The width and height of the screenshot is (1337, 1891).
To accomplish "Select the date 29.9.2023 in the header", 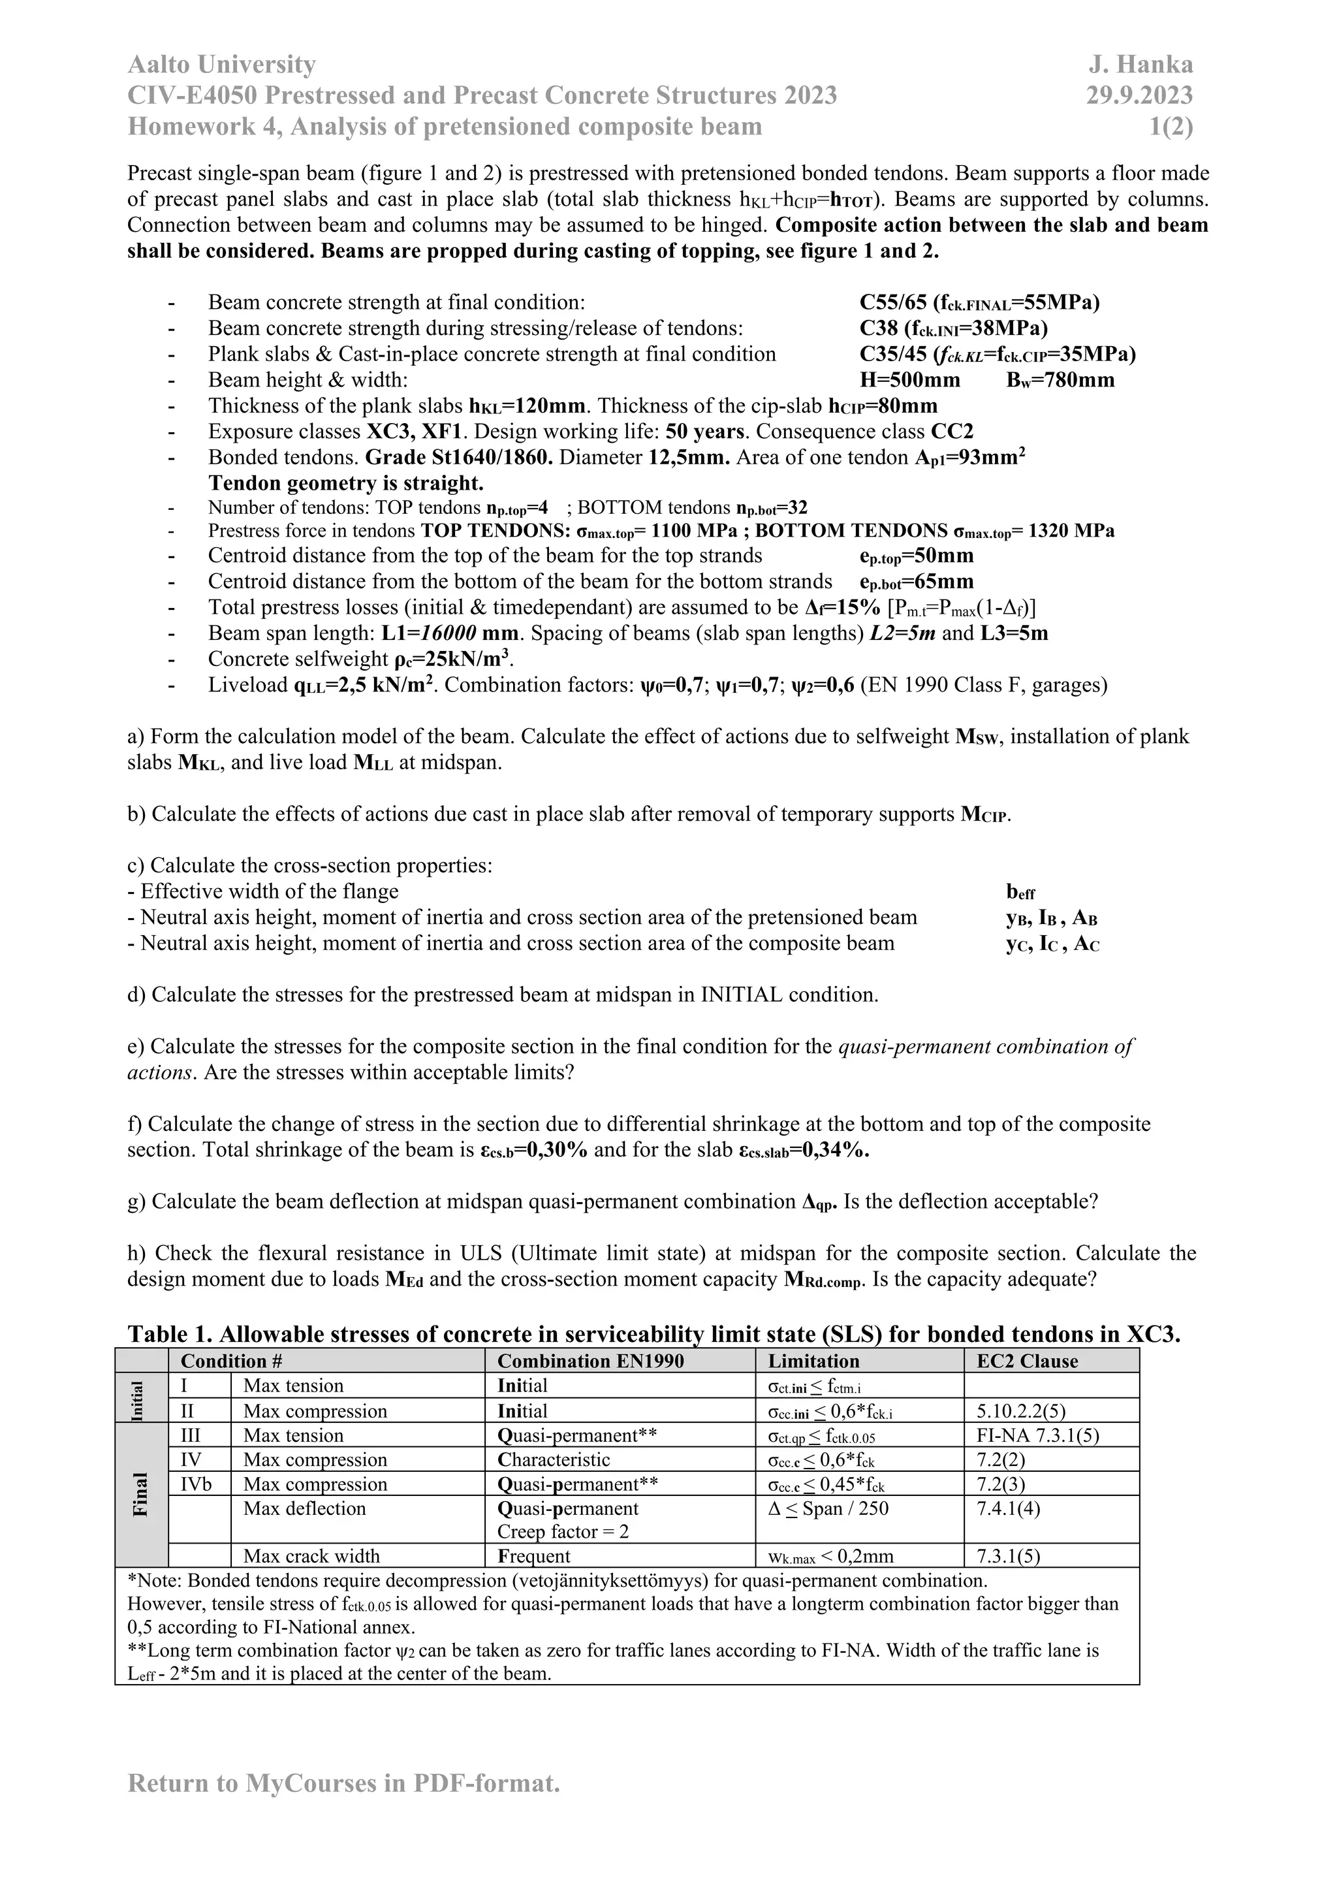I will point(1139,95).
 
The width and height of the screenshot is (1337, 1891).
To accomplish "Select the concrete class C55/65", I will point(894,302).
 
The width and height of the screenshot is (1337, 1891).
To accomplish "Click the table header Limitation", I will point(813,1361).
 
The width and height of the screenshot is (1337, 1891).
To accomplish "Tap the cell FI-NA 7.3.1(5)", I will point(1037,1435).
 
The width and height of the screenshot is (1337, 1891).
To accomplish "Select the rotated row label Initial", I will point(138,1399).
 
